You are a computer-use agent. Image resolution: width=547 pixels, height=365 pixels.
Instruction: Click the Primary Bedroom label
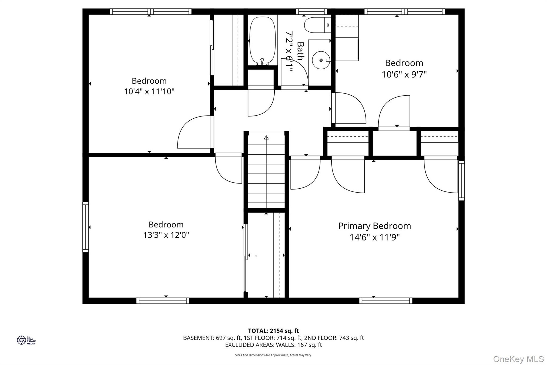[374, 226]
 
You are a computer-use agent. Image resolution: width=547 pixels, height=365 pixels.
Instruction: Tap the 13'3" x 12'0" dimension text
[166, 235]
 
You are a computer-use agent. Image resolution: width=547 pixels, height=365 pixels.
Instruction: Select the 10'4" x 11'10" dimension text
[149, 92]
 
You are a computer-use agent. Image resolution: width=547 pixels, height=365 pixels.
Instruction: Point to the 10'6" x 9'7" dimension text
[404, 74]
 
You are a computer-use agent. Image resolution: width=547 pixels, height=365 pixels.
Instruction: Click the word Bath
[300, 51]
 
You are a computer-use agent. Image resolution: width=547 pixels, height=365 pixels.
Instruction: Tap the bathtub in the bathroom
[263, 41]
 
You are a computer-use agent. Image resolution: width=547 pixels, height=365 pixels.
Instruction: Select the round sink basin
[321, 60]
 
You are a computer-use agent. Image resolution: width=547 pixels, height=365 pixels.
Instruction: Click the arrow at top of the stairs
[266, 138]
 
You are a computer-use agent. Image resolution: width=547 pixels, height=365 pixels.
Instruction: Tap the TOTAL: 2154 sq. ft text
[273, 331]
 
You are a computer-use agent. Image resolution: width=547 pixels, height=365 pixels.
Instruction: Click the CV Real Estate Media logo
[26, 340]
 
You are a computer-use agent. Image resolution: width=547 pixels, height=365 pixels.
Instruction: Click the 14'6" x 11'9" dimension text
[375, 237]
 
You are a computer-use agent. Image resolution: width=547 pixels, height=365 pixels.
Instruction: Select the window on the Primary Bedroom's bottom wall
[386, 301]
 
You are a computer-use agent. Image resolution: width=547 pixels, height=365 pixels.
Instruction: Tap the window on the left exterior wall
[85, 227]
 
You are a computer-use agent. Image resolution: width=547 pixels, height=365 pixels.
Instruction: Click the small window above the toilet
[311, 12]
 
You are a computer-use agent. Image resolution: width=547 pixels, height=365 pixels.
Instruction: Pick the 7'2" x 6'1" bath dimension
[289, 52]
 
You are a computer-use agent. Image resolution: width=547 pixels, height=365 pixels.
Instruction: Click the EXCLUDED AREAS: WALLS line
[273, 345]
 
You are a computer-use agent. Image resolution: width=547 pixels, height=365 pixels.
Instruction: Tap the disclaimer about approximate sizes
[273, 355]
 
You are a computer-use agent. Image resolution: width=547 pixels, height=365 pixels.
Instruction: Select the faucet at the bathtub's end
[262, 62]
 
